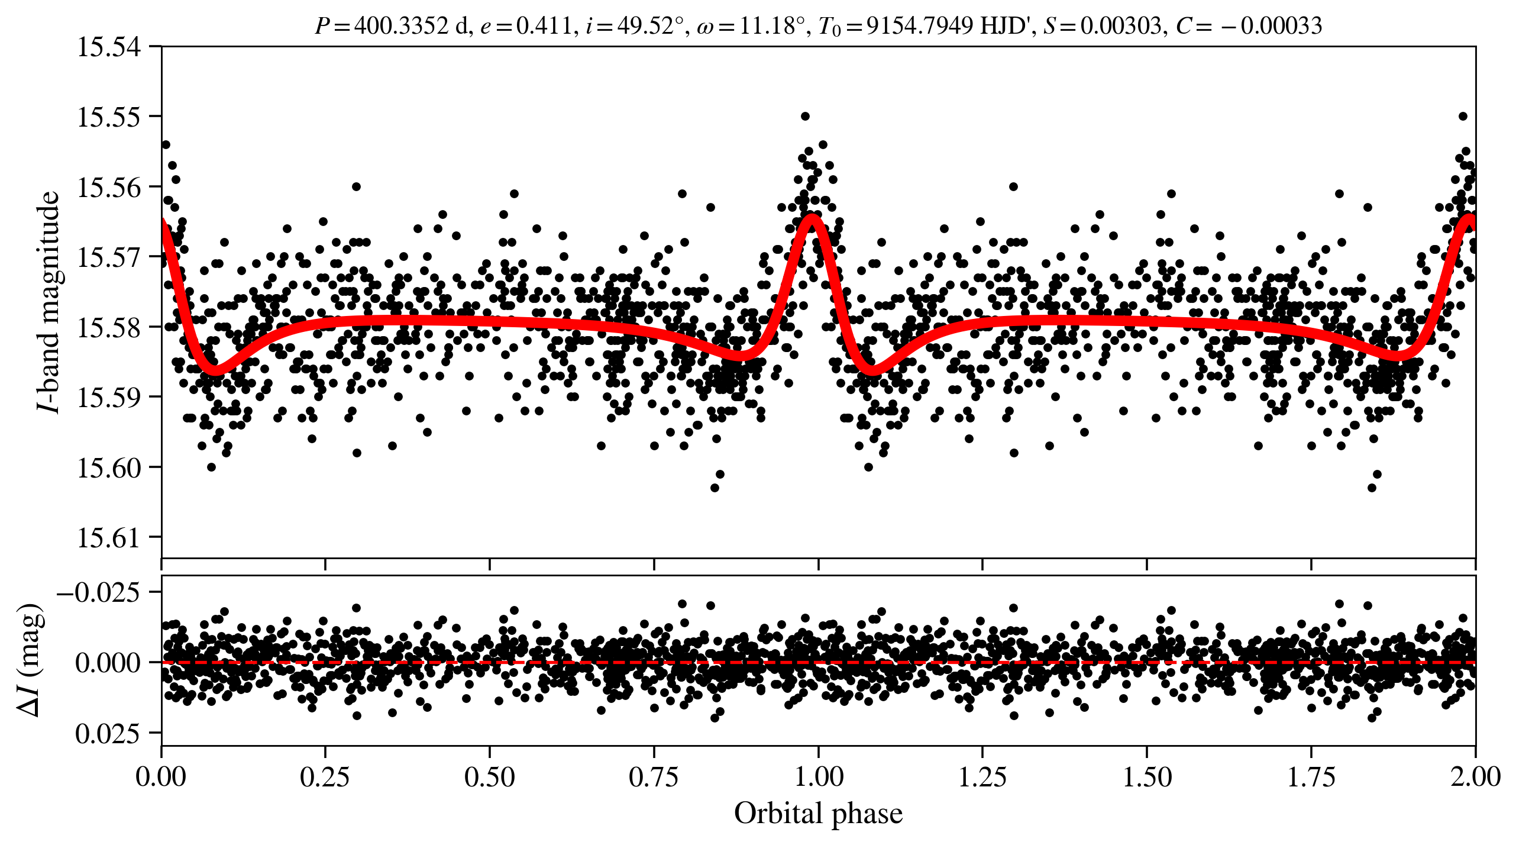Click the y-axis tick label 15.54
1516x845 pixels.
point(109,47)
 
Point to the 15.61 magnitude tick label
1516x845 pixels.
point(109,537)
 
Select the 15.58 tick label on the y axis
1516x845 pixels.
point(109,327)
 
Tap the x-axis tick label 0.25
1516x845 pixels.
point(325,777)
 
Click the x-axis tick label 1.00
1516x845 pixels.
point(818,777)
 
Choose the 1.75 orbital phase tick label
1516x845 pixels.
point(1311,777)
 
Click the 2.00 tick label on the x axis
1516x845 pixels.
point(1475,777)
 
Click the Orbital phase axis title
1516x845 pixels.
point(818,814)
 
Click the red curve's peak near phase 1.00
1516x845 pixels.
point(812,218)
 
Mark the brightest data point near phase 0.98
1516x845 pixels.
point(804,116)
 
